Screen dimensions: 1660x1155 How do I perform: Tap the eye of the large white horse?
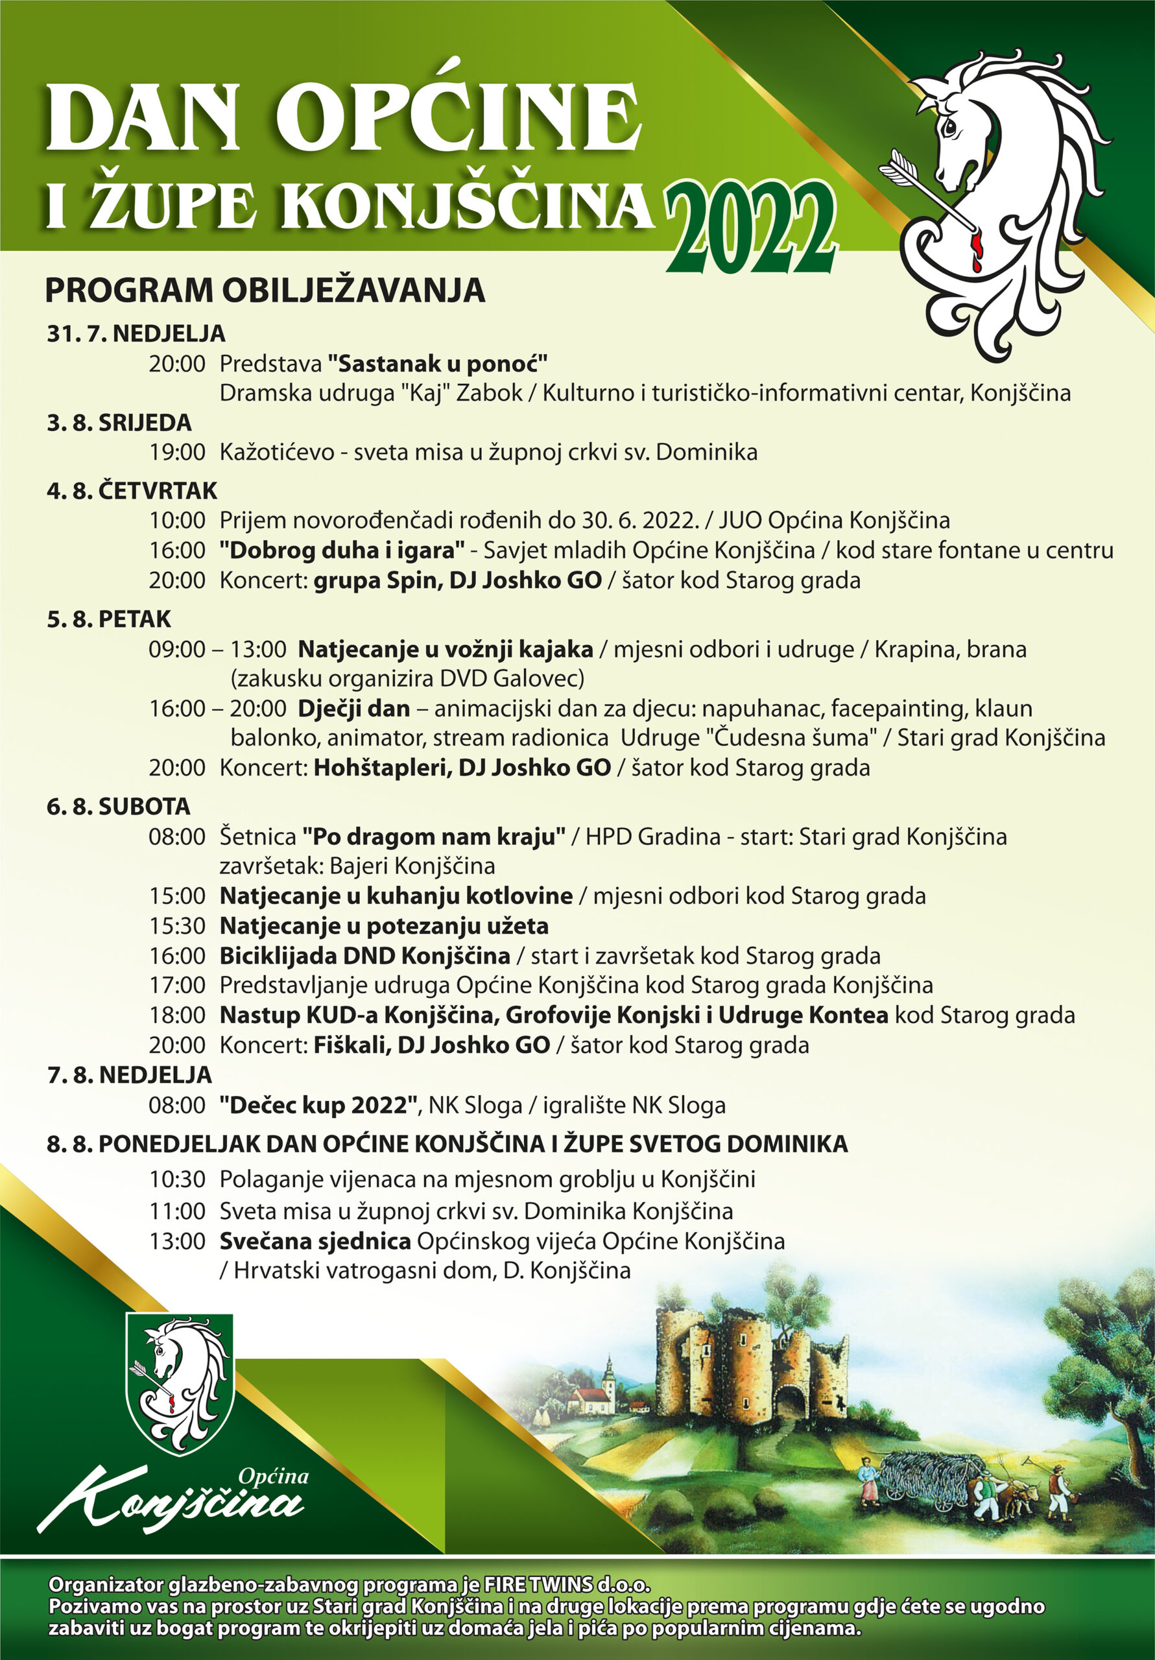pyautogui.click(x=949, y=128)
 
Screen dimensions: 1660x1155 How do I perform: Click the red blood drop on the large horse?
pyautogui.click(x=978, y=250)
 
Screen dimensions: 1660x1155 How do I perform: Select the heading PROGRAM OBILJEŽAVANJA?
pyautogui.click(x=265, y=290)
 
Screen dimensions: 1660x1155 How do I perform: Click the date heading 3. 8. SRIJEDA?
pyautogui.click(x=119, y=423)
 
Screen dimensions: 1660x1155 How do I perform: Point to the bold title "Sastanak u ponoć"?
pyautogui.click(x=438, y=363)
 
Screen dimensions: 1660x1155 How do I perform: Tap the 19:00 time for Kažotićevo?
pyautogui.click(x=177, y=453)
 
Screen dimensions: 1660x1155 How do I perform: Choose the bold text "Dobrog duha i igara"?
pyautogui.click(x=342, y=551)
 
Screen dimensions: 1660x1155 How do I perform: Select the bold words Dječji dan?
pyautogui.click(x=353, y=709)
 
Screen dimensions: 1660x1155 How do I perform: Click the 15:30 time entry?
pyautogui.click(x=177, y=926)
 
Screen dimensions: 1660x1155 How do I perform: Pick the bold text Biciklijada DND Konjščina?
pyautogui.click(x=364, y=956)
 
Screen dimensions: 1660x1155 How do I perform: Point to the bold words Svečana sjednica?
pyautogui.click(x=315, y=1241)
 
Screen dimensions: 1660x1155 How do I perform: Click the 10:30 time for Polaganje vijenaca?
pyautogui.click(x=177, y=1180)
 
